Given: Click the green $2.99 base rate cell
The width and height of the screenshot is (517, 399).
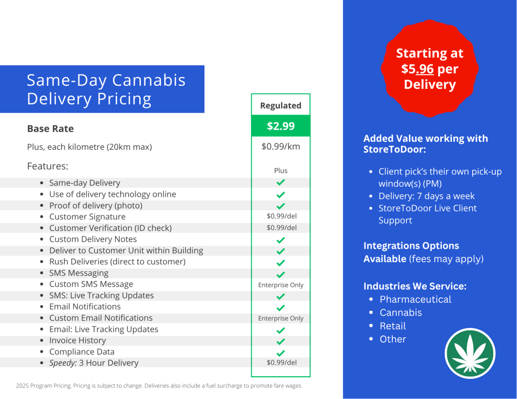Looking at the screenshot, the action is click(x=281, y=126).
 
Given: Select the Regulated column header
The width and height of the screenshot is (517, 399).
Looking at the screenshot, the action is click(x=281, y=105).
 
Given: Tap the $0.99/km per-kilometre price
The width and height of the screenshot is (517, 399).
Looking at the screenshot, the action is click(x=281, y=146).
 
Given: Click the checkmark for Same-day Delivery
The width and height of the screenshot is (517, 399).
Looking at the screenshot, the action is click(x=281, y=182).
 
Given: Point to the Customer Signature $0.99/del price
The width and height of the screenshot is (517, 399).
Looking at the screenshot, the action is click(x=282, y=216).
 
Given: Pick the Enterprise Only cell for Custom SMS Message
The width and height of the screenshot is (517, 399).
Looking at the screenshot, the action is click(x=281, y=285).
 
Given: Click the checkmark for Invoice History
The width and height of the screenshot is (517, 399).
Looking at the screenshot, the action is click(x=281, y=341).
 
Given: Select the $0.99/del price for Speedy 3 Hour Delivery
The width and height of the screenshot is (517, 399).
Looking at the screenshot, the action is click(x=282, y=362).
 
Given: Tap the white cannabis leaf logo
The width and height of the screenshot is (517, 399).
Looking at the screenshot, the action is click(x=470, y=353).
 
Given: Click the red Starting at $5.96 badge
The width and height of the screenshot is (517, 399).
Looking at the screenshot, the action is click(x=430, y=69).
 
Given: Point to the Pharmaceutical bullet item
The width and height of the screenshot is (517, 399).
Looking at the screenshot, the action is click(x=416, y=299).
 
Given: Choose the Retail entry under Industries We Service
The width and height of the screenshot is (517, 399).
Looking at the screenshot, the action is click(x=393, y=326).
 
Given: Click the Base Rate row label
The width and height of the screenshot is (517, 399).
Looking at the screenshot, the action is click(x=50, y=129).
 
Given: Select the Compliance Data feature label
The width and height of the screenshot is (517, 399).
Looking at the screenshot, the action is click(x=82, y=352).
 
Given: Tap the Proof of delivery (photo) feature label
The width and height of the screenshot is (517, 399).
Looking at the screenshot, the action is click(x=95, y=206).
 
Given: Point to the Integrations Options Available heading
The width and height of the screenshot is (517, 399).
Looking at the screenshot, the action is click(x=424, y=252).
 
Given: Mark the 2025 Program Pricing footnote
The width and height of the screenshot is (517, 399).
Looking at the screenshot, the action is click(x=159, y=385).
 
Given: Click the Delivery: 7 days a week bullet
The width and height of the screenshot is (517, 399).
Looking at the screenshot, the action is click(x=426, y=196).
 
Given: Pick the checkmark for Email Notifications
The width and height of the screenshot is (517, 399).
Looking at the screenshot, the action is click(x=281, y=308).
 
